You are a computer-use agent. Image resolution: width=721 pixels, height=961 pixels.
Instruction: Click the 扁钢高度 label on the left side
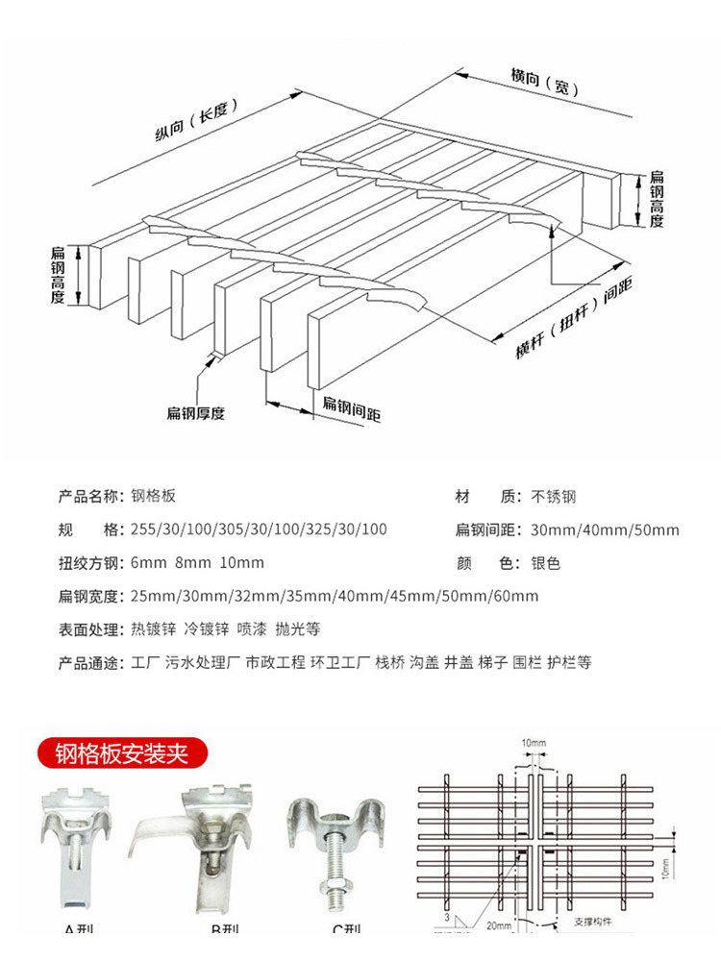pyautogui.click(x=58, y=276)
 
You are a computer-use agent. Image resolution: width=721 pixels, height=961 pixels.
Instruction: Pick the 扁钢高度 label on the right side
pyautogui.click(x=657, y=199)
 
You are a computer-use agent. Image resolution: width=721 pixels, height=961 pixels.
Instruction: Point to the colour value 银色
pyautogui.click(x=545, y=563)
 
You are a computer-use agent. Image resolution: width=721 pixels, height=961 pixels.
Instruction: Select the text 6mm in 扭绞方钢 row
pyautogui.click(x=142, y=563)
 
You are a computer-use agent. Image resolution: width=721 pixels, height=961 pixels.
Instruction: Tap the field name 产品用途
pyautogui.click(x=89, y=663)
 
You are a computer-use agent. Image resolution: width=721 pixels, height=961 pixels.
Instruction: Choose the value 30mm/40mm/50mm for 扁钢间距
pyautogui.click(x=605, y=530)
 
